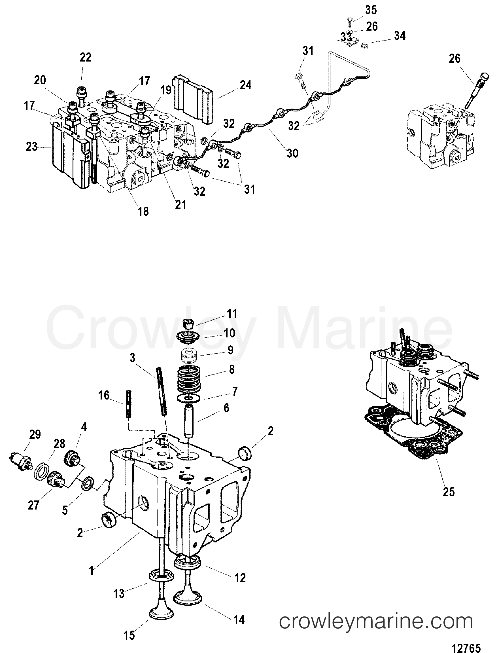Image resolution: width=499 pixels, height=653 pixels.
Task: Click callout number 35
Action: [371, 10]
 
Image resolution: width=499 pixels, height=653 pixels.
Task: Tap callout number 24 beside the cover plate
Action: [245, 85]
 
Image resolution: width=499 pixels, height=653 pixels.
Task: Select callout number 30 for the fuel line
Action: [292, 153]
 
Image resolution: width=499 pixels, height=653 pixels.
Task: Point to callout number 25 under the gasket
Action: [449, 492]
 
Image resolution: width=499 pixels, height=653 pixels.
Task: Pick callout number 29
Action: [35, 435]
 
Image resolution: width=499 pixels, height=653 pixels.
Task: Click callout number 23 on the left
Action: [31, 147]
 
